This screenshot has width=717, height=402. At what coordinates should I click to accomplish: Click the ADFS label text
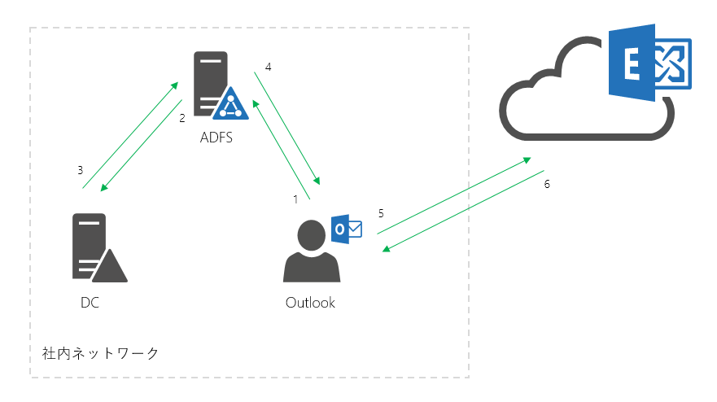216,138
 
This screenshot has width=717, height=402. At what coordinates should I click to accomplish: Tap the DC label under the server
90,302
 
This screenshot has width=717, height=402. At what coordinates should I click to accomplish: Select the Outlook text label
310,302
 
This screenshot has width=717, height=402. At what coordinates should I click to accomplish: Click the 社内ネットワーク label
100,353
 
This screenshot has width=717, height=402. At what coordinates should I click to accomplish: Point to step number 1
295,199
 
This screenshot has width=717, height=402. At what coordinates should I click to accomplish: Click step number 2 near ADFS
182,118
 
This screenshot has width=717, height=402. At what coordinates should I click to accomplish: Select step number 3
80,170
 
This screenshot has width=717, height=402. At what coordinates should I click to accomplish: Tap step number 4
269,67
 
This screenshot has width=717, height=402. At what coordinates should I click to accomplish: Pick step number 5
381,213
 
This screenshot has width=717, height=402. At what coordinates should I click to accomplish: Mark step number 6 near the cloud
547,184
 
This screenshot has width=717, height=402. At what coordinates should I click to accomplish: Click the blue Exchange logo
649,63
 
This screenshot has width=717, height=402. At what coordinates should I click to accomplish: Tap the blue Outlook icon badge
347,229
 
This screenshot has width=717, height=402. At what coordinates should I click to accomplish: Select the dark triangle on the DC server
110,268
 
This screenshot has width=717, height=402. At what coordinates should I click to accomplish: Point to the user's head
312,235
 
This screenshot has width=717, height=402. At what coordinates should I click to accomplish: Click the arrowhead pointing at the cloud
527,160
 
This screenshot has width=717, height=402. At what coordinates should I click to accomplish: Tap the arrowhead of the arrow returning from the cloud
387,249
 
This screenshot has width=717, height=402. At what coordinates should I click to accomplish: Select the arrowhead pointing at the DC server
104,187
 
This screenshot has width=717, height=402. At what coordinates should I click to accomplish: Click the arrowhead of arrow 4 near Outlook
317,181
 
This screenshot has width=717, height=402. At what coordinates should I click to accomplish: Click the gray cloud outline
587,137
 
